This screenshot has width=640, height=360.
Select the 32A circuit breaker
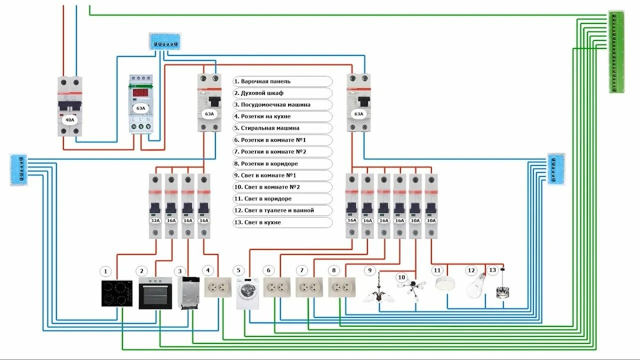(x=155, y=205)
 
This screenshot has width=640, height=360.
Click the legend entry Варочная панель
(x=283, y=82)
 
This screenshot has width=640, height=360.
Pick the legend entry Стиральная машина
(x=283, y=128)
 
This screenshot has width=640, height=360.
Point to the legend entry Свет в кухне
(x=283, y=222)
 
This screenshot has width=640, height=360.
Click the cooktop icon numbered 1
(x=117, y=293)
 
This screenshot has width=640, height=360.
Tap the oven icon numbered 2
(x=155, y=293)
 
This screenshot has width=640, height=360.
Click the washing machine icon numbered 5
(x=249, y=294)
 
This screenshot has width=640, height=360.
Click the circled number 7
(x=302, y=270)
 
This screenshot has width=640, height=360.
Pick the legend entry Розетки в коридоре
(x=283, y=163)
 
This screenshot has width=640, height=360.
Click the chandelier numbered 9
(x=378, y=292)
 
